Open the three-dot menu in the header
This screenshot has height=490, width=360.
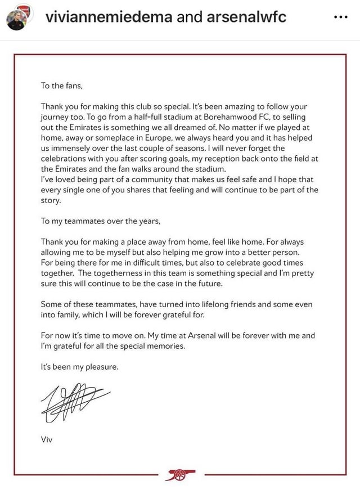tap(341, 17)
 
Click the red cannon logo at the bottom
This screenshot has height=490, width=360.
tap(180, 475)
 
